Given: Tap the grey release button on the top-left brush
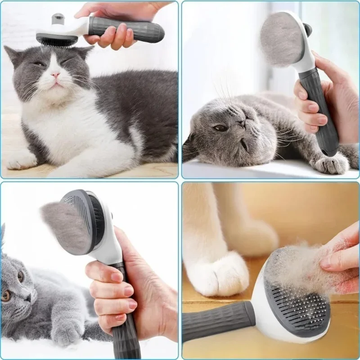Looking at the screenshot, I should tap(58, 19).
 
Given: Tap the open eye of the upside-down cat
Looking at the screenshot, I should tap(220, 128).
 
